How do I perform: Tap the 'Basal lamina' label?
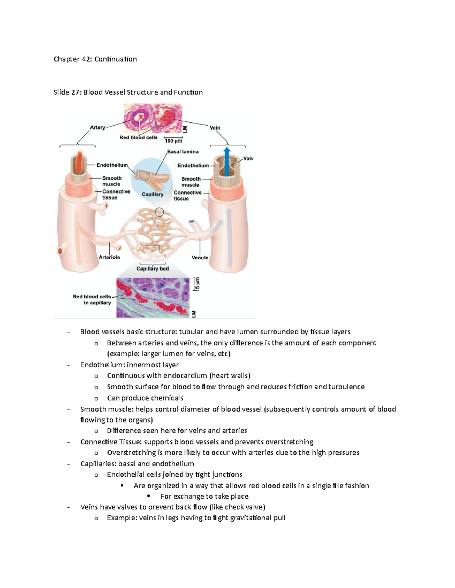pyautogui.click(x=183, y=152)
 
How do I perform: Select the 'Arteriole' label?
pyautogui.click(x=110, y=257)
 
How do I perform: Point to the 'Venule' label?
pyautogui.click(x=200, y=257)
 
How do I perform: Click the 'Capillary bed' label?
pyautogui.click(x=152, y=269)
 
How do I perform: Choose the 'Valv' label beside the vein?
pyautogui.click(x=248, y=159)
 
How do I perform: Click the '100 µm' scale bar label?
pyautogui.click(x=173, y=141)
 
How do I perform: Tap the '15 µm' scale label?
pyautogui.click(x=198, y=284)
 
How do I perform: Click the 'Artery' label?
pyautogui.click(x=97, y=128)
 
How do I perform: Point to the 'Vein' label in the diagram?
pyautogui.click(x=215, y=128)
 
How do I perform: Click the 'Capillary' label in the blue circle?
pyautogui.click(x=152, y=195)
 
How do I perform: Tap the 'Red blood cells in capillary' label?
pyautogui.click(x=92, y=299)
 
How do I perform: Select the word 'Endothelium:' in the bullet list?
pyautogui.click(x=102, y=365)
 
